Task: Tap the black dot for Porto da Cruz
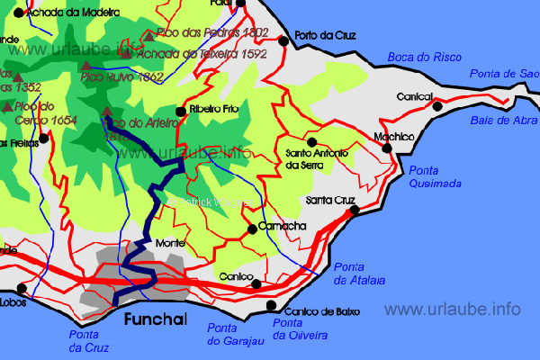tap(283, 40)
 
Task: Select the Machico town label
tap(392, 137)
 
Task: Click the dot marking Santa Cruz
tap(355, 210)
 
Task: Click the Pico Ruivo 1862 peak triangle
tap(86, 66)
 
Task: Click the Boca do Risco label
tap(424, 58)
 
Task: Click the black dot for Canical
tap(437, 106)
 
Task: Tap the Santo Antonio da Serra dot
tap(311, 141)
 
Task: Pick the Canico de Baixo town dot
tap(273, 307)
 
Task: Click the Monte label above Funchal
tap(170, 243)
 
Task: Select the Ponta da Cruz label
tap(89, 340)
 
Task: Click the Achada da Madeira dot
tap(18, 13)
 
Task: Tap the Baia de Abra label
tap(501, 120)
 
